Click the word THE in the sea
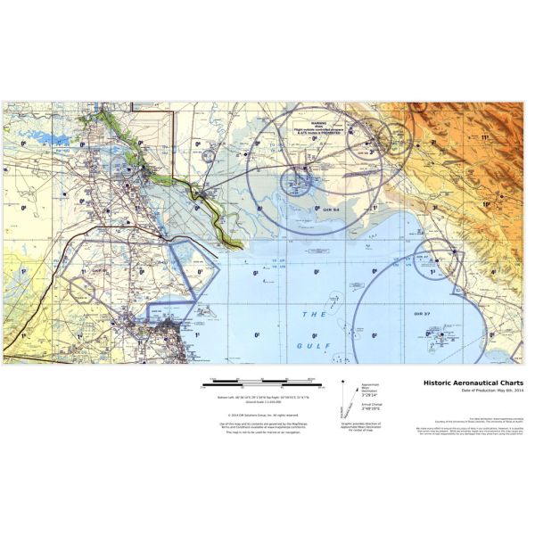pyautogui.click(x=315, y=316)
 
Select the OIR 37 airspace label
pyautogui.click(x=423, y=315)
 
